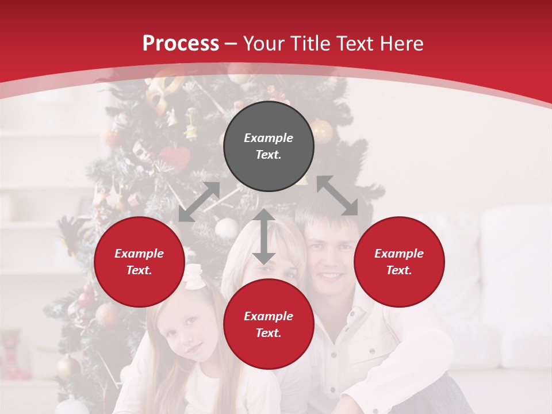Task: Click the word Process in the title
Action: [181, 44]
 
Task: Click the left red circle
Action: [139, 262]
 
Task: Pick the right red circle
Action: [399, 262]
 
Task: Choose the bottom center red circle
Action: [269, 324]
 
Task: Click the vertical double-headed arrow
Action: [264, 236]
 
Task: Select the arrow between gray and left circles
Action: [199, 202]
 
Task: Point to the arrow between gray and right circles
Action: [337, 195]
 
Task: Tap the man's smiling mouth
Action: [331, 275]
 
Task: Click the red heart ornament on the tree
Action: [175, 156]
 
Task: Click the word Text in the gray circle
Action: [269, 155]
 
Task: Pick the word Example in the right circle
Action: [399, 254]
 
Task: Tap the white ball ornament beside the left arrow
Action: [227, 228]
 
